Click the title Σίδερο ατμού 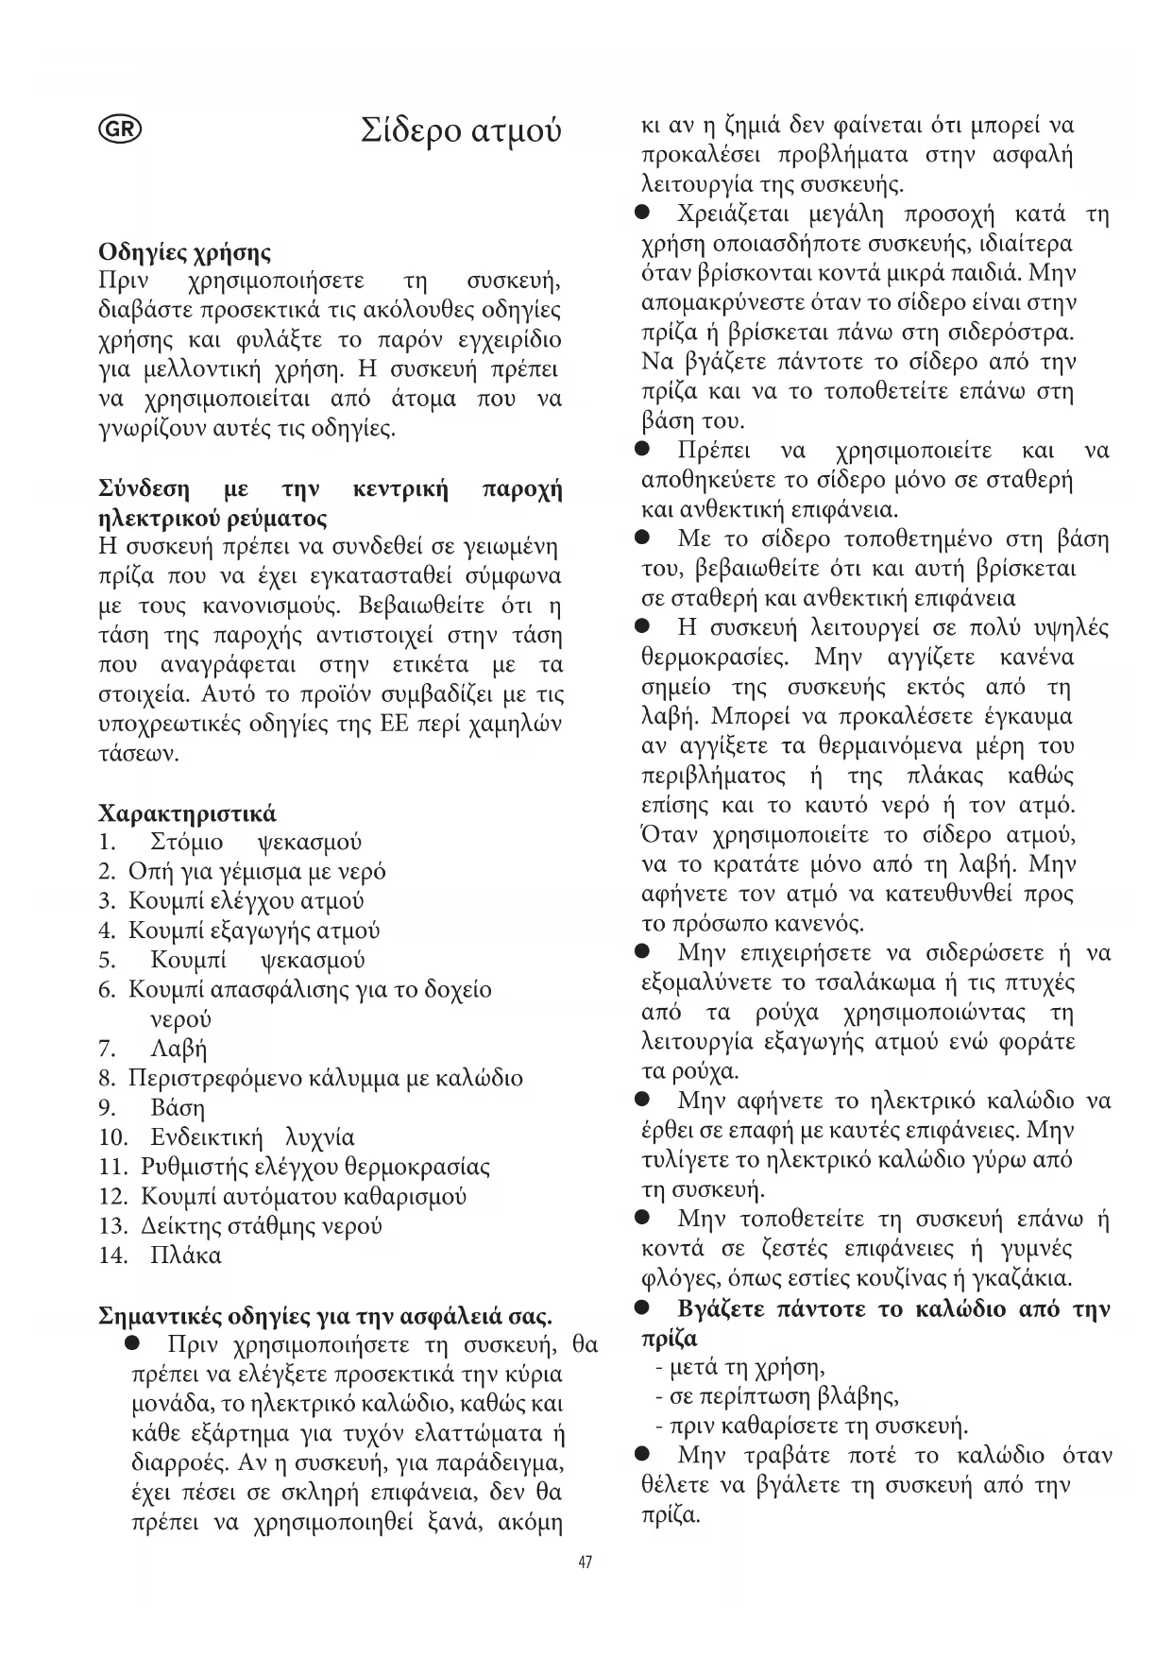point(461,130)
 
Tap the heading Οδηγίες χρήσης point(184,252)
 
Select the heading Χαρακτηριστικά point(187,813)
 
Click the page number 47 point(585,1563)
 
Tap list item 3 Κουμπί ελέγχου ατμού point(246,900)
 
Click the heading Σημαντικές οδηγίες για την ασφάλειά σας point(325,1316)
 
